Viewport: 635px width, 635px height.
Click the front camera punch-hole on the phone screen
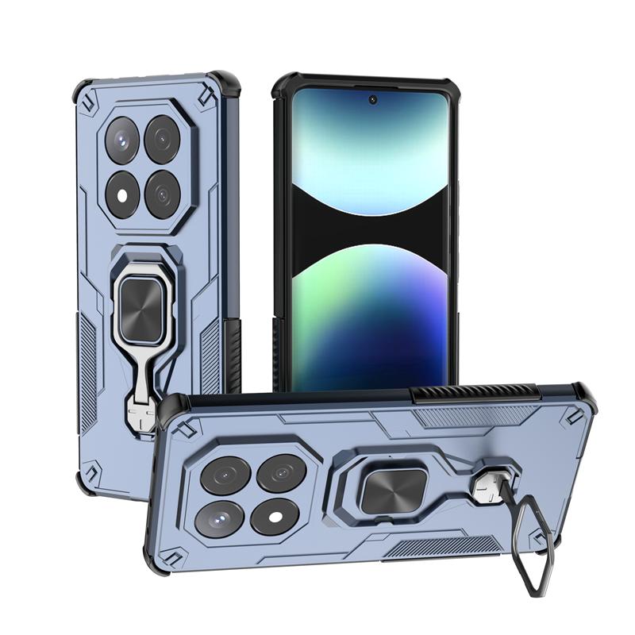[372, 100]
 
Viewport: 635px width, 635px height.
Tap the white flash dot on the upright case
[124, 191]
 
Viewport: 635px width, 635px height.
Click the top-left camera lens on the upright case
[123, 140]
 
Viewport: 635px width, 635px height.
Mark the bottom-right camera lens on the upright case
[163, 193]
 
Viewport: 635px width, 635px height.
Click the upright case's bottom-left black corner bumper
[86, 482]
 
